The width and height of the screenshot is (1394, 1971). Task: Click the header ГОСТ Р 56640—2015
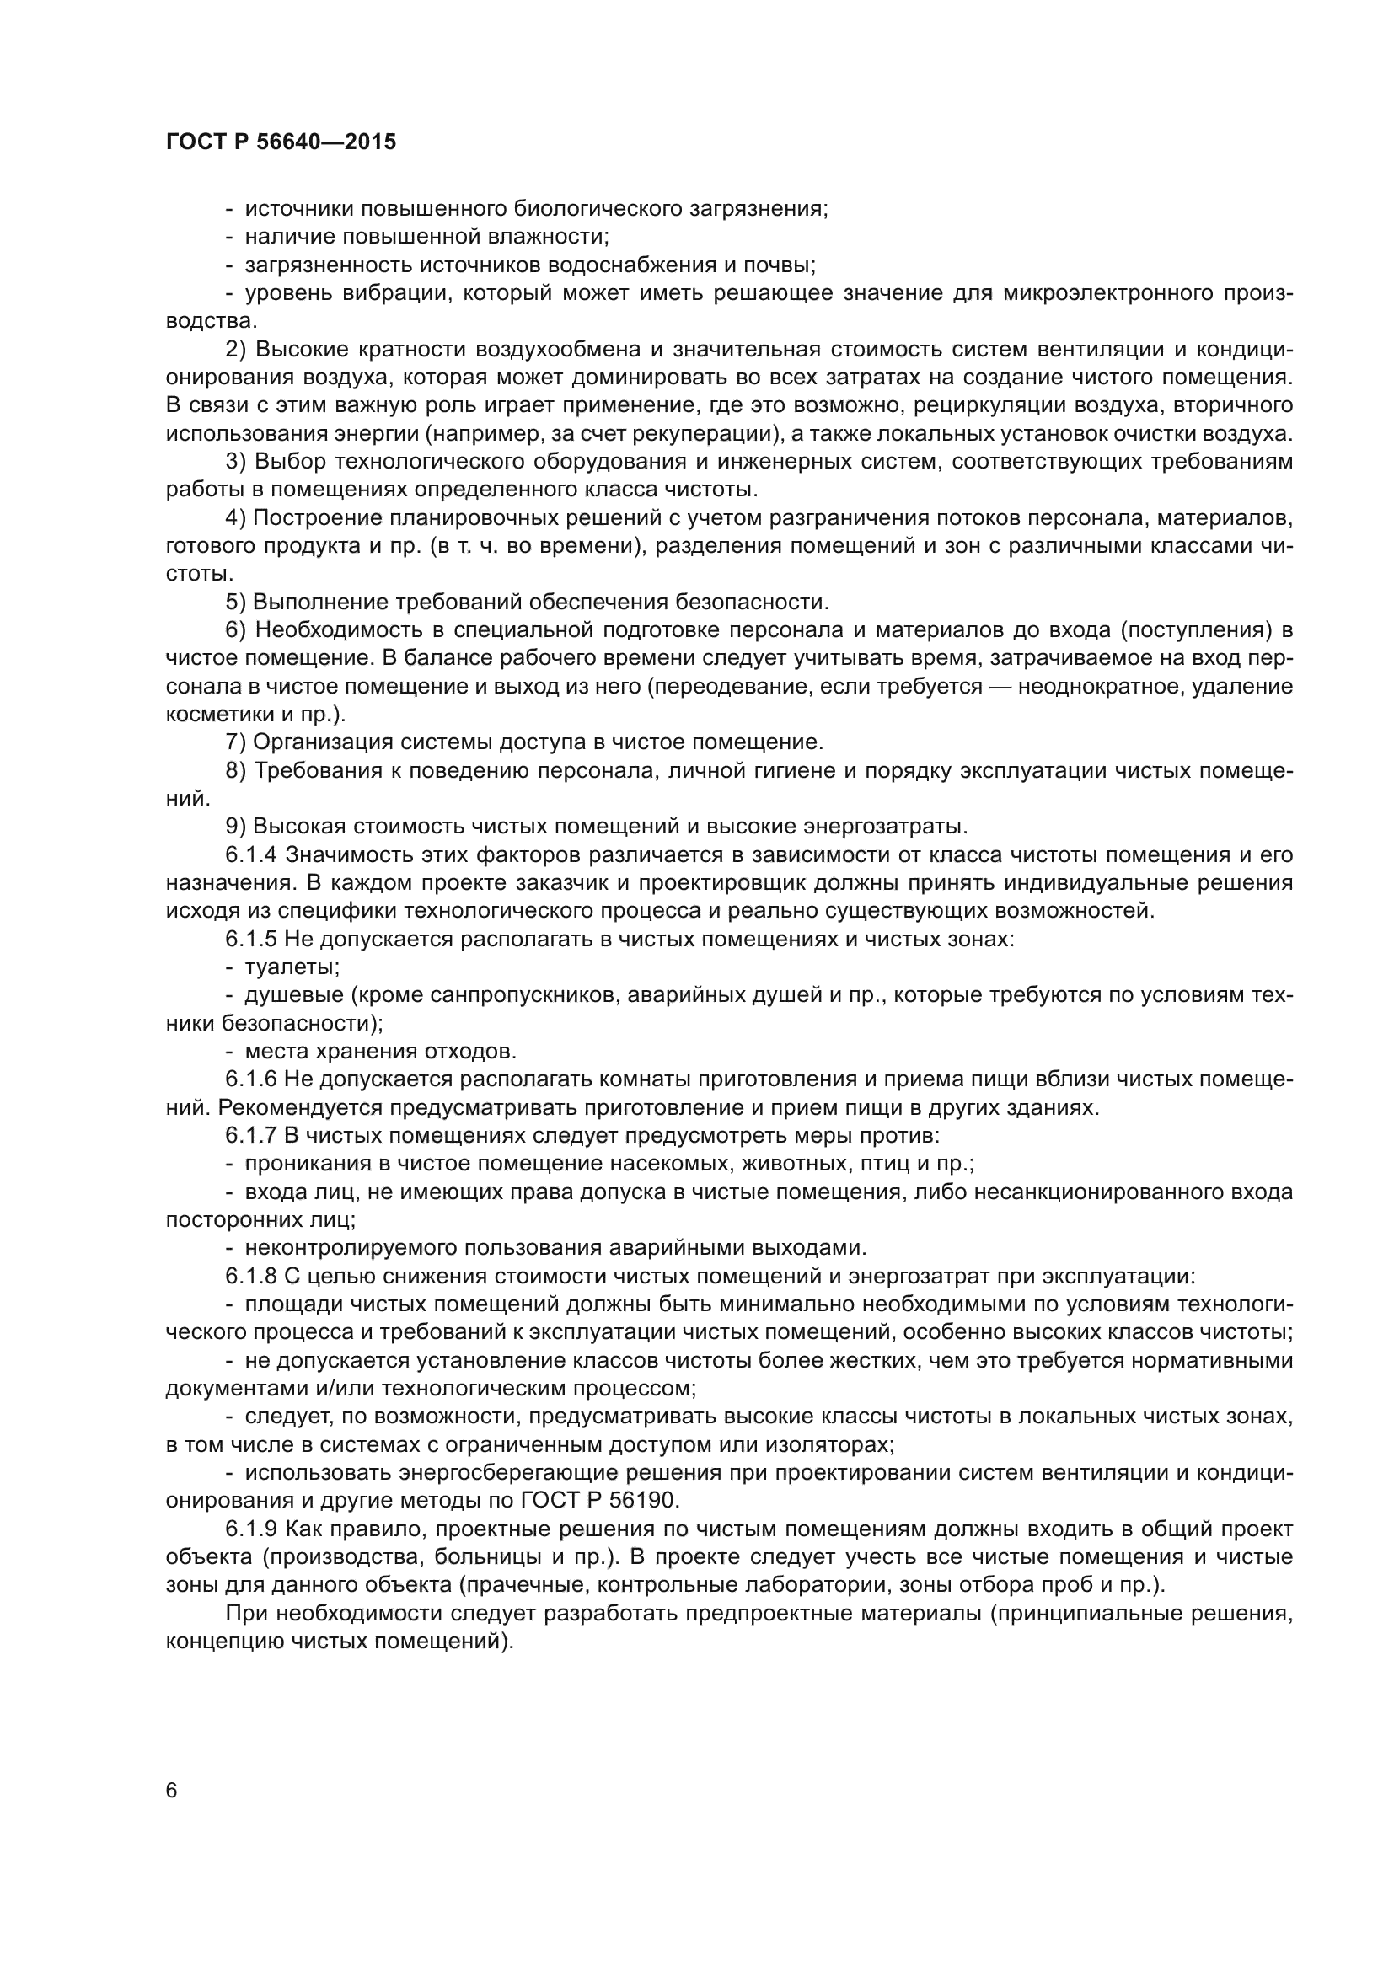[281, 142]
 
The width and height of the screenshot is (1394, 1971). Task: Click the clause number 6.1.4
[251, 855]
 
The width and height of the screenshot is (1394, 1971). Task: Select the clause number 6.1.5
[251, 939]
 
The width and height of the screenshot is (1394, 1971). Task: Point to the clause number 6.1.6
[251, 1079]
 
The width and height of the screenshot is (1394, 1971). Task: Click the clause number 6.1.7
[251, 1136]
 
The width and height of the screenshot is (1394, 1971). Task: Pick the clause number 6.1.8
[251, 1276]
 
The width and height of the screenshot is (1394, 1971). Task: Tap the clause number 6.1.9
[251, 1529]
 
